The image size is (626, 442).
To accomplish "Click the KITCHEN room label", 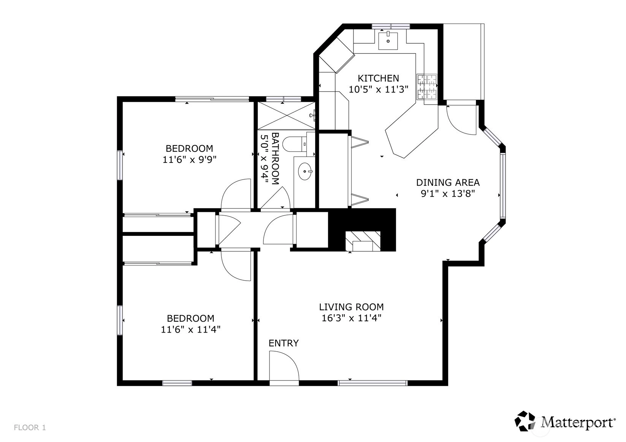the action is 379,78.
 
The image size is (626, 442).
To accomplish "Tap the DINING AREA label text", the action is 448,183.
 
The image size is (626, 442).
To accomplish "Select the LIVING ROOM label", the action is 351,307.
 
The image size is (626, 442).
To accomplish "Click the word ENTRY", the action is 284,343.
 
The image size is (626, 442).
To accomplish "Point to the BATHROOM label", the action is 275,158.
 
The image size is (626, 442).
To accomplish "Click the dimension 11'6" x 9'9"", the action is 190,160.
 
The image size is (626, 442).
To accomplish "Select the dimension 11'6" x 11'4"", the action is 190,330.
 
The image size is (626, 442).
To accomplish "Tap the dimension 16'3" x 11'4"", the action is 351,318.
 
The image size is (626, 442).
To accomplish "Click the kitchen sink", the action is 388,40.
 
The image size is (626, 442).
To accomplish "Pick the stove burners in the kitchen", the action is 427,87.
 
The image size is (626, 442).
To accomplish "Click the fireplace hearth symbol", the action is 363,241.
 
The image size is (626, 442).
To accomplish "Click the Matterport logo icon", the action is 525,421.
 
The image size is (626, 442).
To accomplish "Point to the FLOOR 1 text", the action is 30,428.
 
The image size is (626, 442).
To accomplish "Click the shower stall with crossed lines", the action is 286,115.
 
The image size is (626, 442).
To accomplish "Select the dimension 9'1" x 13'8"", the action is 448,194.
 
